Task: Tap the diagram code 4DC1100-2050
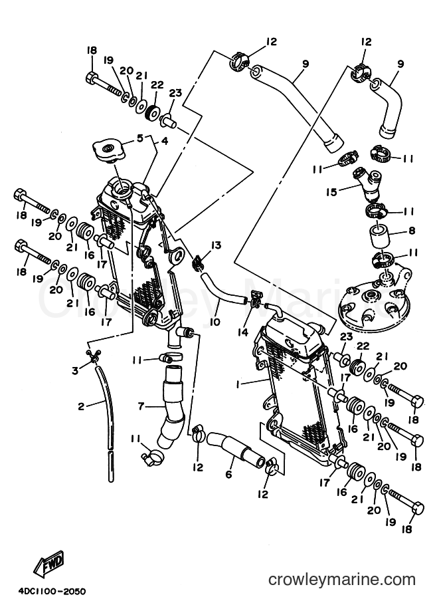pos(51,592)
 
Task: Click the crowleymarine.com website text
pos(342,580)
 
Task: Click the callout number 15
pos(331,192)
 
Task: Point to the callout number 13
pos(216,245)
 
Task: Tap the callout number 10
pos(215,322)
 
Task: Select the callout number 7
pos(141,406)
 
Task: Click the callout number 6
pos(228,473)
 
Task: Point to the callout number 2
pos(81,406)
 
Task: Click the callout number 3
pos(75,370)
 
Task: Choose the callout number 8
pos(412,231)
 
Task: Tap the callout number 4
pos(165,142)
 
